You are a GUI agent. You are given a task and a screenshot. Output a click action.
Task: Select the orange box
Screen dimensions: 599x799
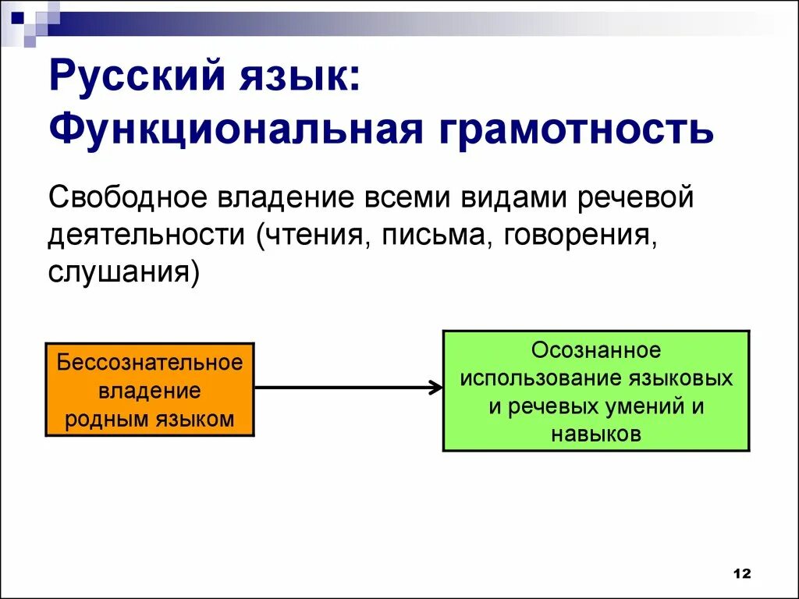click(150, 389)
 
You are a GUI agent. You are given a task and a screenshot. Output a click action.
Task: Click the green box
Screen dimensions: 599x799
click(596, 391)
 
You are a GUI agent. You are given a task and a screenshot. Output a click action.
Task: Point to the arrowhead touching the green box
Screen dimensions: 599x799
click(435, 388)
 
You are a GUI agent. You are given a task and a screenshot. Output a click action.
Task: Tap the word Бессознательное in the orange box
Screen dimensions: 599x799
click(150, 363)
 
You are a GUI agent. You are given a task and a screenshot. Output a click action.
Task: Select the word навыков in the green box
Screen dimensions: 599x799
click(596, 434)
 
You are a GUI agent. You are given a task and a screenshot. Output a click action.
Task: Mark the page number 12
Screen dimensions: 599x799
click(741, 573)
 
